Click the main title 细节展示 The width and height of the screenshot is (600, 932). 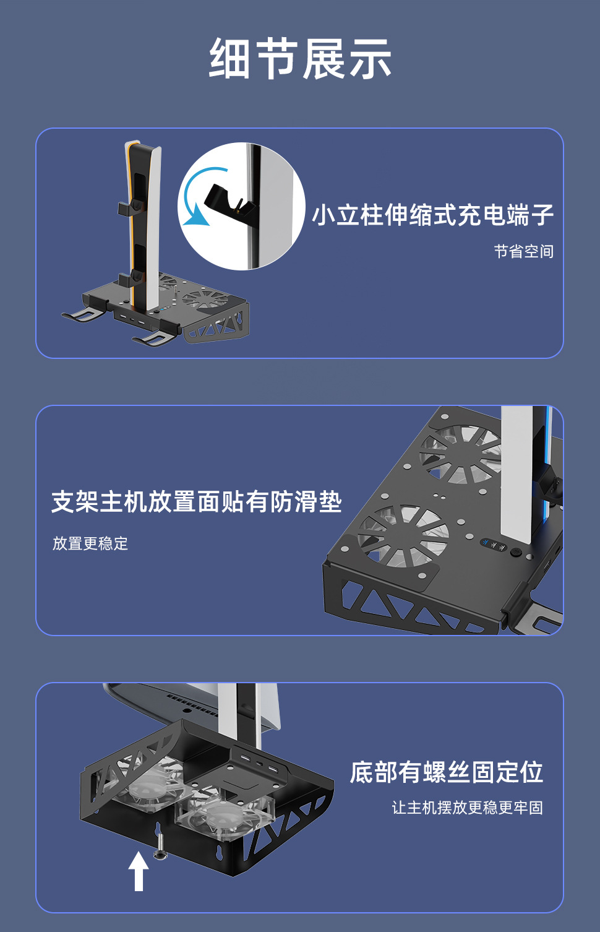[x=300, y=58]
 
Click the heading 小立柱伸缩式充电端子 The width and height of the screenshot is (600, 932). [x=433, y=215]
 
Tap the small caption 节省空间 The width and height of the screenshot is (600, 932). [x=523, y=251]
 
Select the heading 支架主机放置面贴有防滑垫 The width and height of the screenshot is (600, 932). [x=197, y=501]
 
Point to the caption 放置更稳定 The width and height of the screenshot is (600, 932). [x=90, y=543]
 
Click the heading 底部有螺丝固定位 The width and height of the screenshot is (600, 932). [x=446, y=772]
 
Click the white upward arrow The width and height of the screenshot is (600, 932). [x=139, y=871]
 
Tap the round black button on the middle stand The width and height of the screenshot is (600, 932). [x=516, y=552]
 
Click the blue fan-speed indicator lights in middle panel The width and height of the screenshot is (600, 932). [x=494, y=545]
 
